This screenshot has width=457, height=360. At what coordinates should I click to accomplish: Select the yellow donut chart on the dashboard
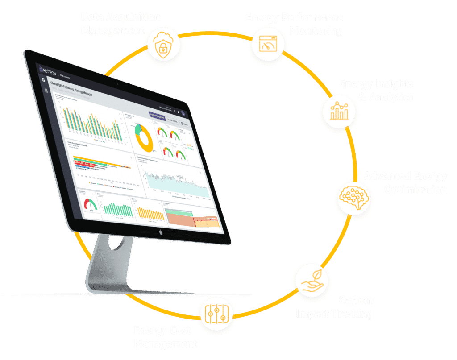coord(144,137)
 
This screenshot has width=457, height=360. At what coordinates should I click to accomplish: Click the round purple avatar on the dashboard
coord(184,113)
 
